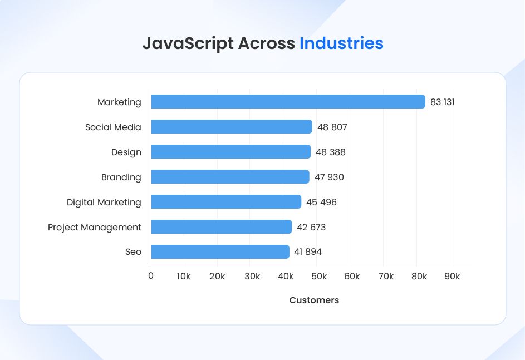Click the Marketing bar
pos(288,102)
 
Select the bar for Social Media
pos(232,127)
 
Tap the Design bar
pos(230,152)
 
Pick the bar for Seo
pos(220,252)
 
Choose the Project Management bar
pos(221,227)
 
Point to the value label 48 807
pos(332,127)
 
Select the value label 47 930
pos(329,177)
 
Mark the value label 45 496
pos(321,203)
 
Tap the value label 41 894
pos(308,252)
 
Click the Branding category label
pos(121,177)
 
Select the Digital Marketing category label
pos(104,203)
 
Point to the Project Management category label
pos(95,228)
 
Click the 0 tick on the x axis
pos(151,277)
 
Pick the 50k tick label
pos(319,277)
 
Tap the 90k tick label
pos(452,277)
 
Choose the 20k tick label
pos(217,277)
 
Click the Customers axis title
pos(314,300)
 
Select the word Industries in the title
pos(341,43)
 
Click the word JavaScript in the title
pos(188,43)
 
